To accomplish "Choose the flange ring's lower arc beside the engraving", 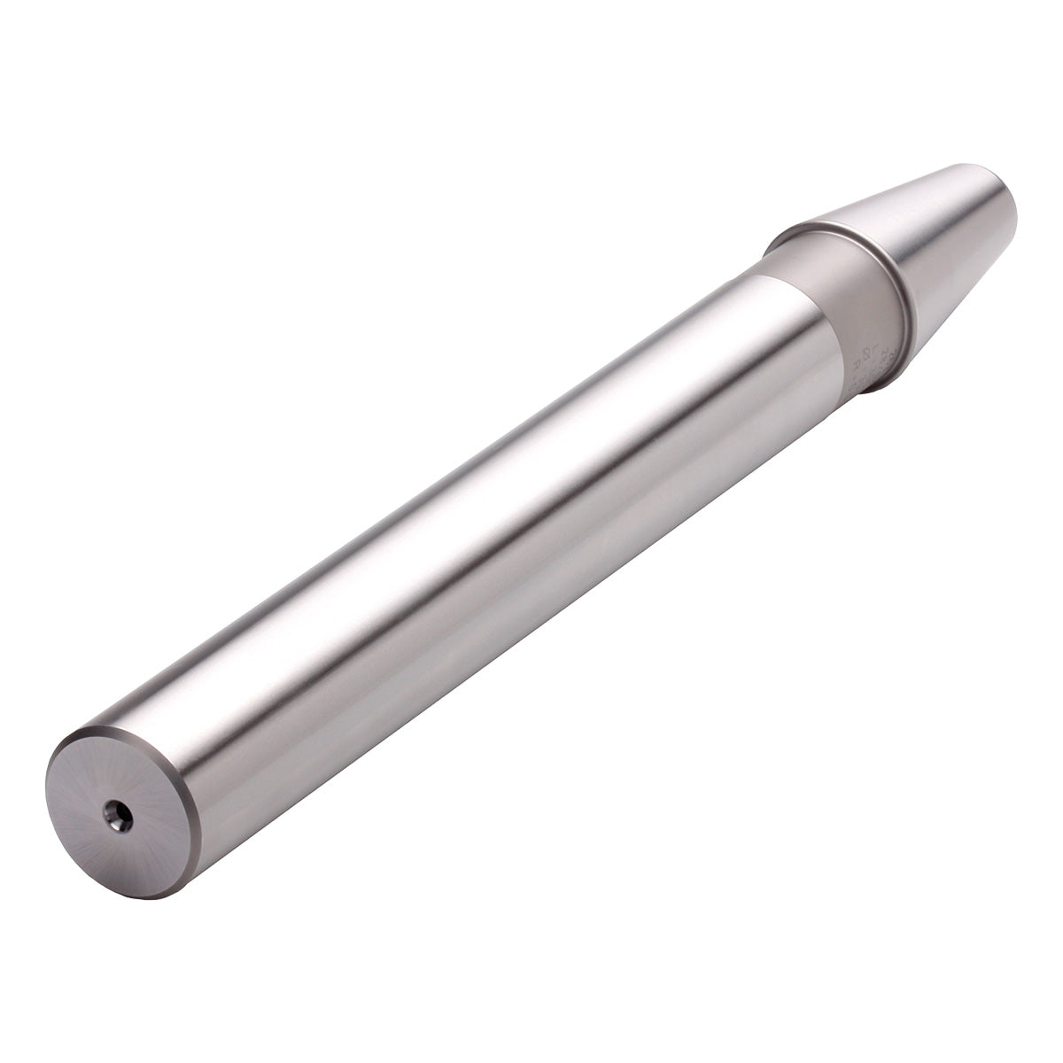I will [x=886, y=376].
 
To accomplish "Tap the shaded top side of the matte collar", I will [x=788, y=257].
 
